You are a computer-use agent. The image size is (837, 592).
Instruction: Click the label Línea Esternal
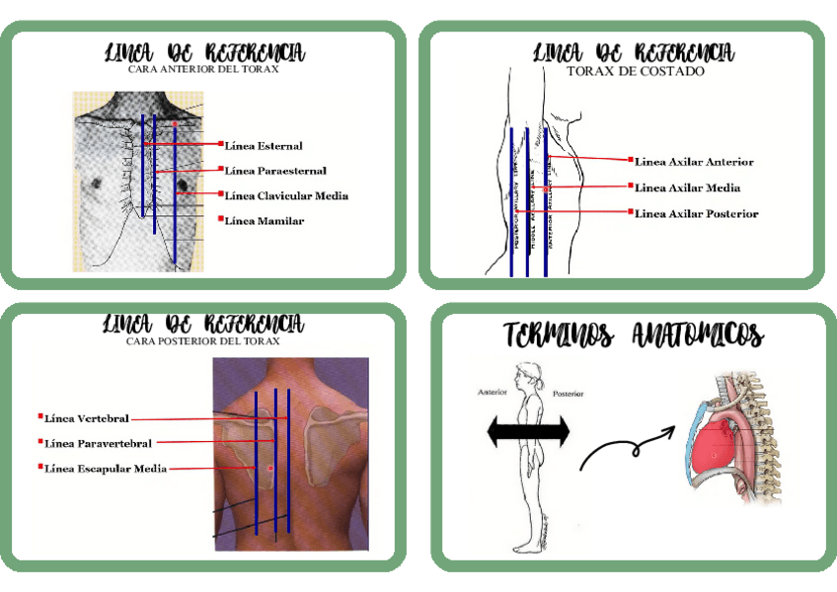(264, 146)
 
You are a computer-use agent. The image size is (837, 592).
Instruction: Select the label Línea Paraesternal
(275, 171)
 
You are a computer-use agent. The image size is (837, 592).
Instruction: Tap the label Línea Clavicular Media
(286, 195)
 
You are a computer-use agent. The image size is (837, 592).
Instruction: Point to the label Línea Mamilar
(264, 221)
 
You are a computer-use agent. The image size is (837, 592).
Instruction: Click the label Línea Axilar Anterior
(694, 162)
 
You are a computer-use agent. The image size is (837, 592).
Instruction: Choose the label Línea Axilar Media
(687, 187)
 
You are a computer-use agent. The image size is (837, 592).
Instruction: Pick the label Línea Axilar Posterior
(696, 213)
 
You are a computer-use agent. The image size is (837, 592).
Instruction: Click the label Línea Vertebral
(87, 418)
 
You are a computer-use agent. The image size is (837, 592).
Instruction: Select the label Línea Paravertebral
(98, 443)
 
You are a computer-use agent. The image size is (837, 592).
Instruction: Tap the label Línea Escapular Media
(105, 468)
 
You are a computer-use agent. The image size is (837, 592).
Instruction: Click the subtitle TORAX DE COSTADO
(636, 71)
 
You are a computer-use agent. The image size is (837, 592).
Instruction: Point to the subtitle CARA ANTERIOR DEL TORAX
(204, 70)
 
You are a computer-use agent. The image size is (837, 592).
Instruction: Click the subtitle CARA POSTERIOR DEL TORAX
(203, 341)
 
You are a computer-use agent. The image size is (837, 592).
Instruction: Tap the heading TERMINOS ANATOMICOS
(633, 335)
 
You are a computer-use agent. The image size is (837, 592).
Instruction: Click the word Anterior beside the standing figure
(492, 392)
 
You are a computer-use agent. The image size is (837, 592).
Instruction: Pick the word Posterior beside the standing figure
(569, 394)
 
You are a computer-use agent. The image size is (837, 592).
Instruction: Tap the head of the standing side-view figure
(524, 375)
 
